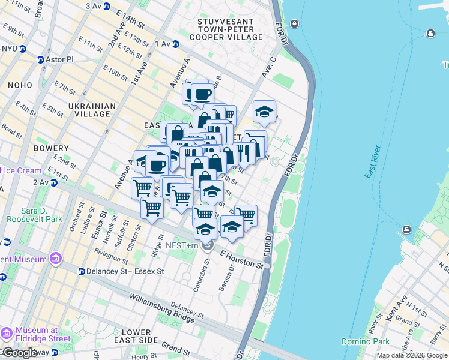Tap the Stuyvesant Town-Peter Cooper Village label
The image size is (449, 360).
230,29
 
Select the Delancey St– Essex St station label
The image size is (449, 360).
125,272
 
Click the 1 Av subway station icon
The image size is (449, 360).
176,44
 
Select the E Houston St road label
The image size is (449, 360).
242,260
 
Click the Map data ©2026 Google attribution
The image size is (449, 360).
412,355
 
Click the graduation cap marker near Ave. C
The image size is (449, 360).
264,112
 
